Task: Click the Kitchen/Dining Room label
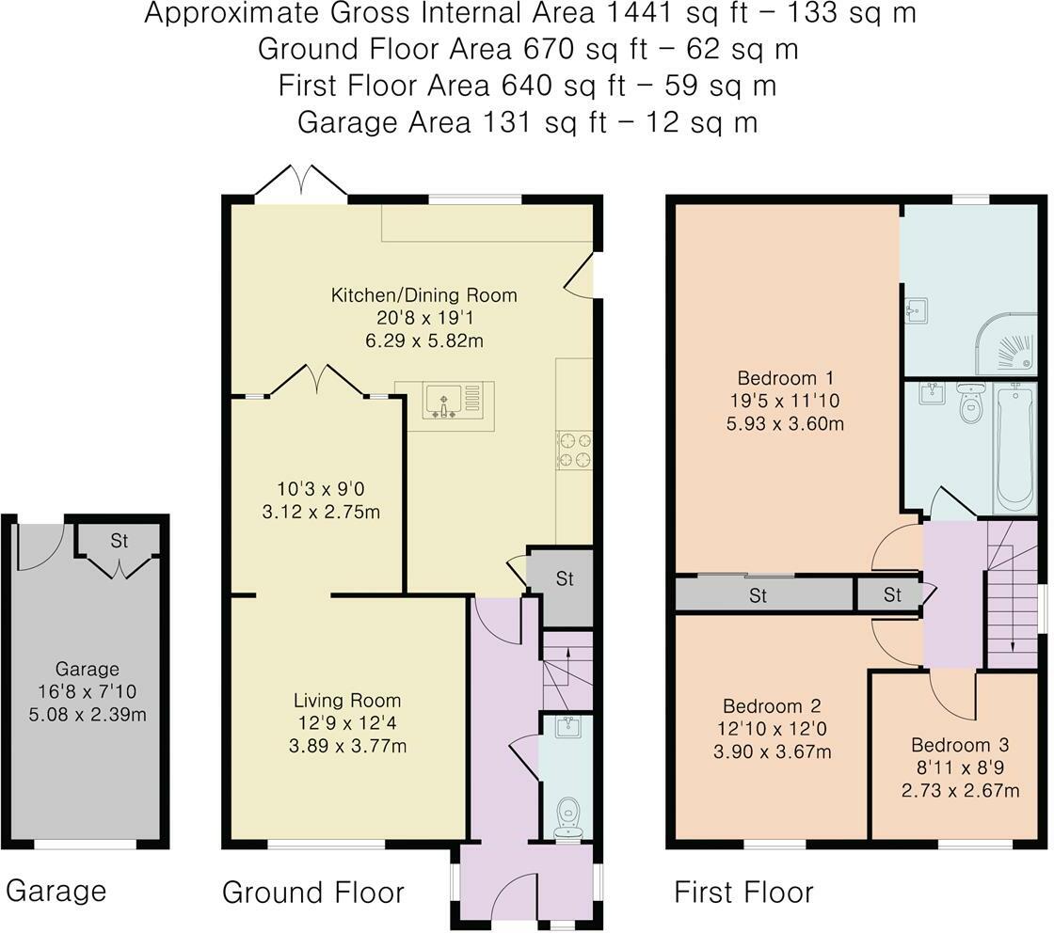pos(423,295)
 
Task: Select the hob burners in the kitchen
pos(574,449)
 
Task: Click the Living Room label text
pos(347,701)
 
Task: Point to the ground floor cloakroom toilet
pos(567,816)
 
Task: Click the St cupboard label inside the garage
pos(119,542)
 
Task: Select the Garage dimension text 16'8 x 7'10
pos(88,692)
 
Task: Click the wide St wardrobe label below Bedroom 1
pos(759,595)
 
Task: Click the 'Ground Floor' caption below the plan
pos(312,892)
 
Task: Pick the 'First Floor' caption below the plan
pos(743,892)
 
